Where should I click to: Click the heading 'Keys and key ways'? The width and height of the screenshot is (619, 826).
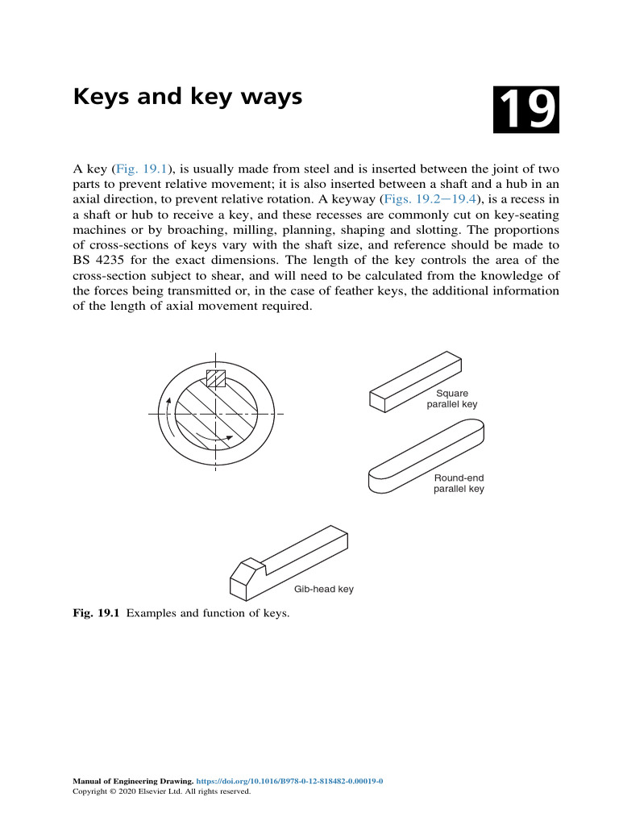pyautogui.click(x=188, y=98)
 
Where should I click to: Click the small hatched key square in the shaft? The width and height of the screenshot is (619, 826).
pyautogui.click(x=216, y=378)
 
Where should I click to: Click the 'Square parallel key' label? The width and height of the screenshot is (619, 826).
pyautogui.click(x=452, y=399)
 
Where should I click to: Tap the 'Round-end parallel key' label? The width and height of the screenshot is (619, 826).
pyautogui.click(x=459, y=483)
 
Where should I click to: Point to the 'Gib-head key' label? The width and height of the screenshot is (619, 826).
pyautogui.click(x=323, y=590)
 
